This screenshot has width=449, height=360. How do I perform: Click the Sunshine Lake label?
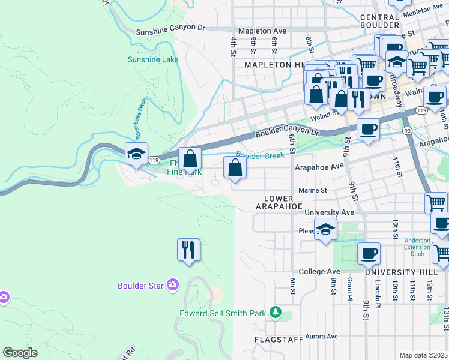pos(153,59)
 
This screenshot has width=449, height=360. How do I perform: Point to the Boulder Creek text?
pos(260,155)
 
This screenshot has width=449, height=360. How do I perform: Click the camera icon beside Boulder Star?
pos(173,284)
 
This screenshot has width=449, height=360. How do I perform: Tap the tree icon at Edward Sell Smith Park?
pos(276,312)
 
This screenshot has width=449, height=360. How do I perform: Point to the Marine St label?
pos(312,190)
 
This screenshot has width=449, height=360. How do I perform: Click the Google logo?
pos(20,353)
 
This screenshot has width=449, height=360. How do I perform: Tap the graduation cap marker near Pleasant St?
pos(325,229)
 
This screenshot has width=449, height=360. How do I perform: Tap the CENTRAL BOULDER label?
pos(379,20)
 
